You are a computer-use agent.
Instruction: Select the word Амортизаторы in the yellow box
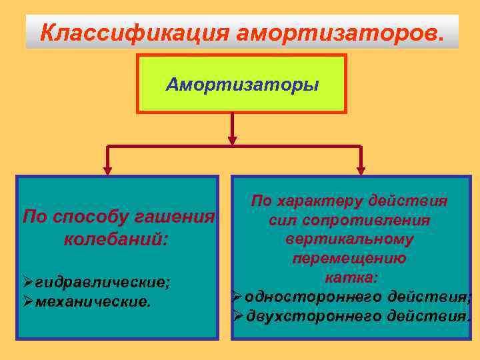coord(242,85)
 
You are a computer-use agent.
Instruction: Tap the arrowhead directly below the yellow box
coord(232,140)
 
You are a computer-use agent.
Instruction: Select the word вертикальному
coord(349,239)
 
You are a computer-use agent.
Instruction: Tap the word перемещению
coord(349,257)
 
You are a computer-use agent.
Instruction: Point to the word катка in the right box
coord(347,276)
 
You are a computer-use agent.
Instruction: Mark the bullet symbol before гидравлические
coord(28,283)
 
